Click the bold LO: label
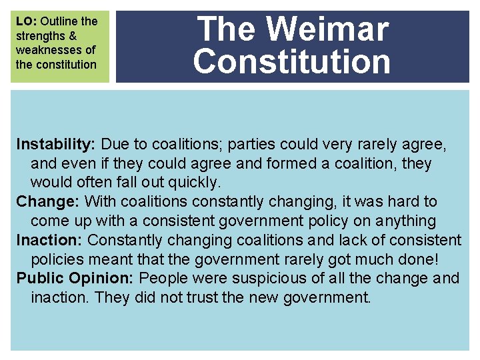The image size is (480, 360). pyautogui.click(x=27, y=21)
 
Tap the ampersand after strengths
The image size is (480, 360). pyautogui.click(x=73, y=36)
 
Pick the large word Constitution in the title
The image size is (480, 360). pyautogui.click(x=292, y=61)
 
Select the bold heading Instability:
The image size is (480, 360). pyautogui.click(x=57, y=144)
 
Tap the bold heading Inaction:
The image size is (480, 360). pyautogui.click(x=50, y=239)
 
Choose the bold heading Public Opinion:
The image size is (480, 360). pyautogui.click(x=75, y=277)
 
